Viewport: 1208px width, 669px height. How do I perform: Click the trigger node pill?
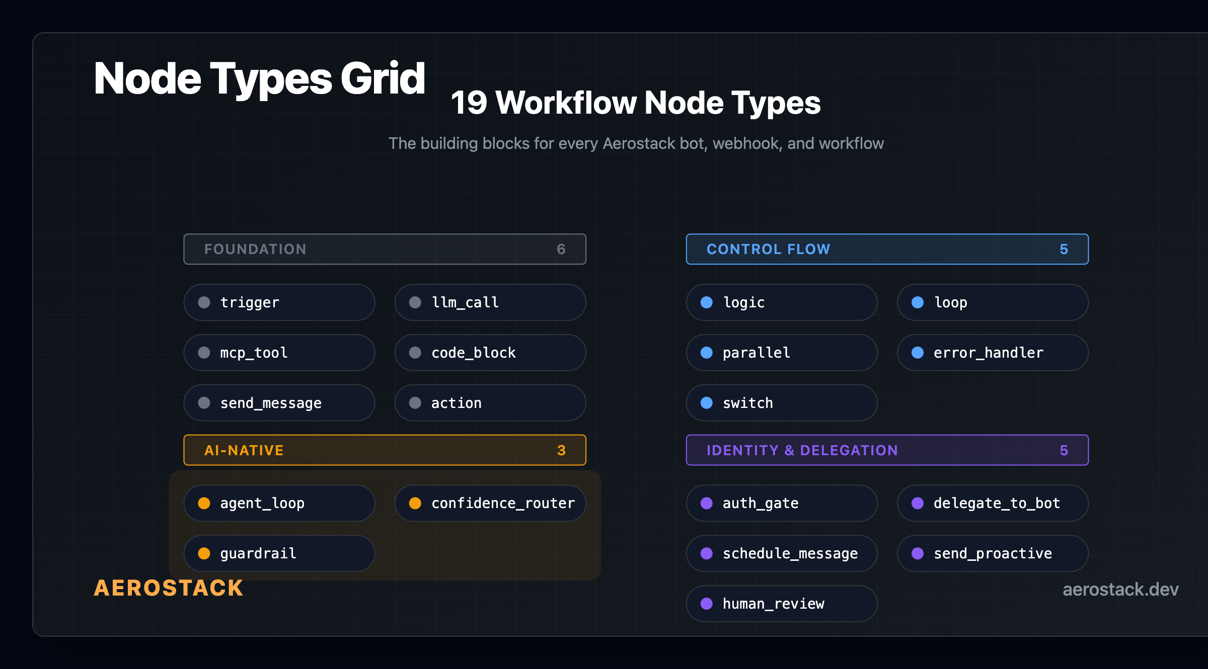click(279, 302)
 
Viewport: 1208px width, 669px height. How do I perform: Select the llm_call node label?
click(465, 302)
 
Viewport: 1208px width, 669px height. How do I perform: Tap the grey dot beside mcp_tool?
click(204, 353)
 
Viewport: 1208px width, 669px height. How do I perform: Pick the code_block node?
click(490, 353)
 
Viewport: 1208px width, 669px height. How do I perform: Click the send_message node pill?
click(279, 403)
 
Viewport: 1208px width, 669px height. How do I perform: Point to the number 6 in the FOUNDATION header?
click(561, 249)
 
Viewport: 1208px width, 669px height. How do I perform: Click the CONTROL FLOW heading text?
click(768, 249)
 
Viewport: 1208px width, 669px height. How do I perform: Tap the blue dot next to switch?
click(707, 403)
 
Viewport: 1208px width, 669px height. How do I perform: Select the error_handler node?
click(992, 353)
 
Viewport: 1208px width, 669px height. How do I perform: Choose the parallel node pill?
click(781, 353)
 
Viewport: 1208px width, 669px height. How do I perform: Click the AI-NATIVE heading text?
click(244, 450)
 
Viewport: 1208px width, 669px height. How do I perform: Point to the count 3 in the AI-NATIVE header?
click(561, 450)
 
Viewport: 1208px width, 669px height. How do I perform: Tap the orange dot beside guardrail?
click(204, 553)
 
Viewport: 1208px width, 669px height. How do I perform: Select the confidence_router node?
click(490, 503)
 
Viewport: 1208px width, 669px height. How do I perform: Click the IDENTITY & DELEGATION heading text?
click(802, 450)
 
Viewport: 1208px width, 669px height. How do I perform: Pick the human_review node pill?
click(781, 604)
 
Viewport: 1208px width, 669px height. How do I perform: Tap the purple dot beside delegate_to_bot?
click(918, 503)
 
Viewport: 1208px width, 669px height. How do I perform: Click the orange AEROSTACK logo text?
click(169, 588)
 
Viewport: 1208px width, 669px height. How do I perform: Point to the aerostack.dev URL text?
click(1120, 589)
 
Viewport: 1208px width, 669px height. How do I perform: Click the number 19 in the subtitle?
click(469, 103)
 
